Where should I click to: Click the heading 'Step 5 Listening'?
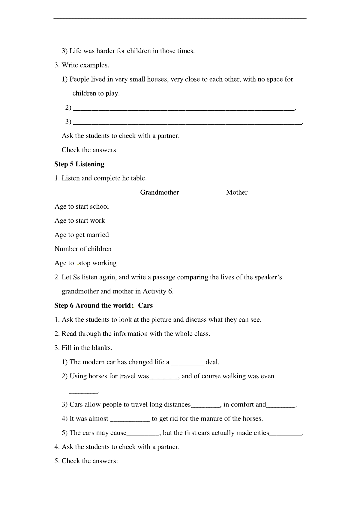[x=79, y=164]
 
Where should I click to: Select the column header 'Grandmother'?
[x=159, y=192]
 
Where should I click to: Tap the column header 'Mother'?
[x=237, y=192]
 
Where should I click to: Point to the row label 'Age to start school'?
[x=82, y=207]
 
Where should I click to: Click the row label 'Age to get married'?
[x=82, y=235]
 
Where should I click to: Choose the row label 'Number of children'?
[x=83, y=249]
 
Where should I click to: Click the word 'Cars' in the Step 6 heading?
[x=145, y=305]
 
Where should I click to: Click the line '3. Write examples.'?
[x=82, y=65]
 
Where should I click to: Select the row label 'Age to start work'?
[x=80, y=221]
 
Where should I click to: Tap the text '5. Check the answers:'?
[x=86, y=461]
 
